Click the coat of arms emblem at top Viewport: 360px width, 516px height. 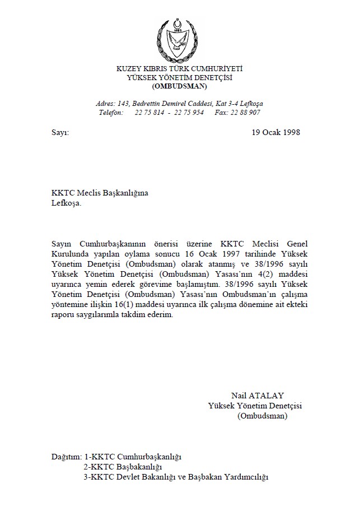[x=180, y=40]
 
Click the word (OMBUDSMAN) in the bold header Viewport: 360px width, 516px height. [x=180, y=87]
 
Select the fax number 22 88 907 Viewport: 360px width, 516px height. [x=245, y=113]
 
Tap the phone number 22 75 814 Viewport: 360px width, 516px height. [x=149, y=113]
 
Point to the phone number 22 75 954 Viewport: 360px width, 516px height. [x=189, y=113]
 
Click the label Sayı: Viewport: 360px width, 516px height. [x=60, y=133]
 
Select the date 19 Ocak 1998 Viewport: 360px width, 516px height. [x=276, y=133]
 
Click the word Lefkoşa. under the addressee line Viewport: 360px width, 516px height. [x=66, y=203]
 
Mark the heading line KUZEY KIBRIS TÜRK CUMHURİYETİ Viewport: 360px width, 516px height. [x=180, y=69]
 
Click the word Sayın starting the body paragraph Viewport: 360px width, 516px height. [x=61, y=245]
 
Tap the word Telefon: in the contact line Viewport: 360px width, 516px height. [x=111, y=113]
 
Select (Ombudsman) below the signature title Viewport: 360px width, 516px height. [x=263, y=416]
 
